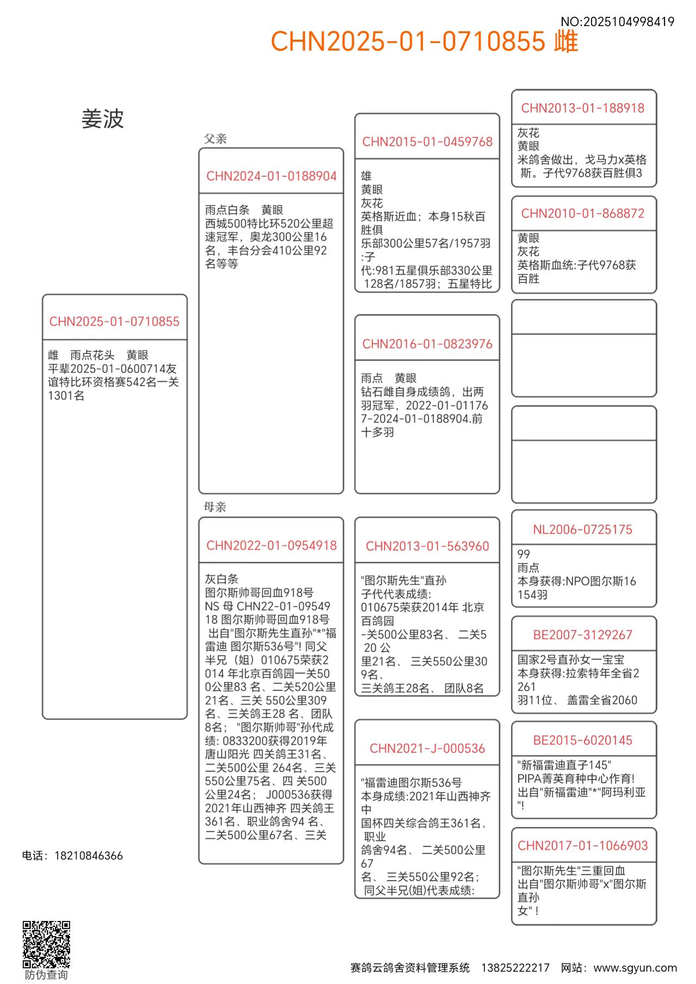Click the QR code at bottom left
46,944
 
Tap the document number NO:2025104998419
617,22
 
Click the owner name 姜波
103,119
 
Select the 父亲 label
215,139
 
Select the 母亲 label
215,507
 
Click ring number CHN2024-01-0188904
271,176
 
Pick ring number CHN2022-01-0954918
271,545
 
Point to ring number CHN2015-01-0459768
427,142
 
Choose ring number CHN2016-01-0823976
427,344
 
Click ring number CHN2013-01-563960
427,546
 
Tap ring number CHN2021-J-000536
427,749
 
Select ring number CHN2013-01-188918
583,108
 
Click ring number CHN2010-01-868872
583,214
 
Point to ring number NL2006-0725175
583,530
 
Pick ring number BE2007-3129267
583,635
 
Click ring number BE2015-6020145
583,740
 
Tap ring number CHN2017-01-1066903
583,846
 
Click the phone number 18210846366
89,856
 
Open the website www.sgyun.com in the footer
635,968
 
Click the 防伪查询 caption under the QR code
46,975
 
